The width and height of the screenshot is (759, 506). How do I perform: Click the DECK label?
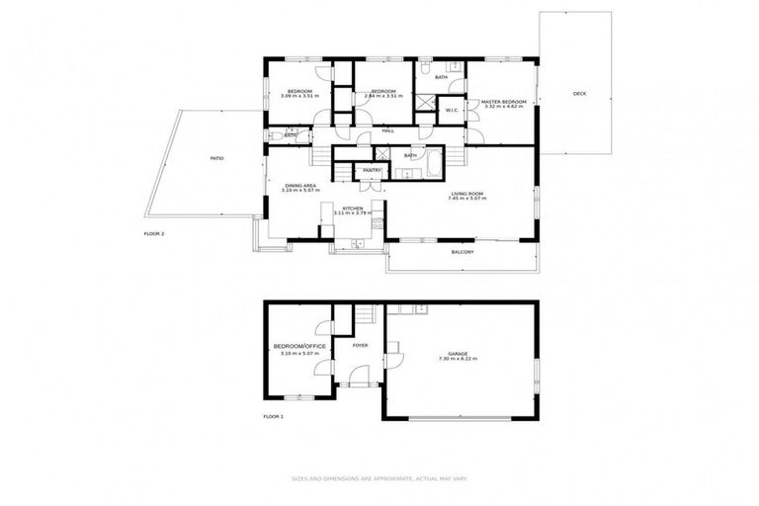point(579,94)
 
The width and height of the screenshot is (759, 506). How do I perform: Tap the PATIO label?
point(215,158)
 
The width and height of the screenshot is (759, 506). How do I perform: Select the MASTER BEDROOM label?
point(504,101)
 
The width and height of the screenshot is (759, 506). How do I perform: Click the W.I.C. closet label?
point(451,110)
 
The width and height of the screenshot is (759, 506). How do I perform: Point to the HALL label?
point(388,130)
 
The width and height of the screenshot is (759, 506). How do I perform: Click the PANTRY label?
point(372,170)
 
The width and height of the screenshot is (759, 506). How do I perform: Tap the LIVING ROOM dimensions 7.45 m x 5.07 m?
point(468,199)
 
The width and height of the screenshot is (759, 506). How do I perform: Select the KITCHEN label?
point(353,208)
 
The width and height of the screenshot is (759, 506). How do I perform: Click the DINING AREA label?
point(300,185)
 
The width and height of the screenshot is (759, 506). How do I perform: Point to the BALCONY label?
point(463,252)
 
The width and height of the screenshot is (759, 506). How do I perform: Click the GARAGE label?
point(458,354)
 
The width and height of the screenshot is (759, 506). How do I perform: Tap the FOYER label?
point(360,346)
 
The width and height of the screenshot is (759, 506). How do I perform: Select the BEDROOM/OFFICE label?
point(299,346)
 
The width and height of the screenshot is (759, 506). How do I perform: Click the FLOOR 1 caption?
point(274,417)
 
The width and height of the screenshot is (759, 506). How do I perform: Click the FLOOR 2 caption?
point(154,233)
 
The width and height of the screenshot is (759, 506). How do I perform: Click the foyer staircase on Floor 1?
point(367,315)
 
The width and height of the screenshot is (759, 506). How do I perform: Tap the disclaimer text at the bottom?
point(379,478)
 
